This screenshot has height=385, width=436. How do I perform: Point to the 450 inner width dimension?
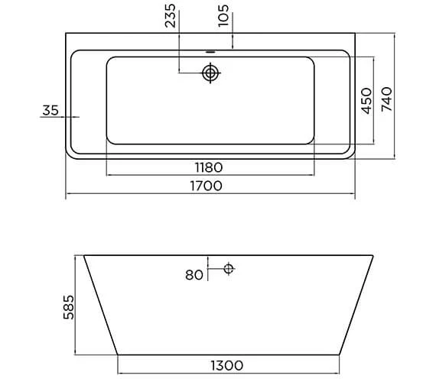366,100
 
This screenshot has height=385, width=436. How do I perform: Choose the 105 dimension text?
223,15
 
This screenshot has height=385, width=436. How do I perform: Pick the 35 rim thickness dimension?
50,111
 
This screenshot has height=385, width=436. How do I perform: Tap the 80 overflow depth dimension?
194,275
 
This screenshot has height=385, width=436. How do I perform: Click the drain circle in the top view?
210,73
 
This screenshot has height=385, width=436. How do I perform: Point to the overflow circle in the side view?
229,268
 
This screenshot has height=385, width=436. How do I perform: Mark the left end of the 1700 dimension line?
66,196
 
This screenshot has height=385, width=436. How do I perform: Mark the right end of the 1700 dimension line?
355,196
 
